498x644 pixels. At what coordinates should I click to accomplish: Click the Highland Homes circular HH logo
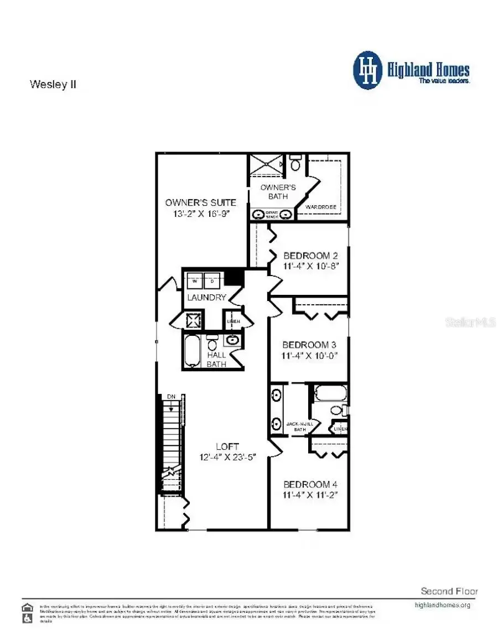pos(367,70)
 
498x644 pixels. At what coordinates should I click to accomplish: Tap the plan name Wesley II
pos(53,85)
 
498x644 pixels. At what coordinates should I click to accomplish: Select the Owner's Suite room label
pos(200,202)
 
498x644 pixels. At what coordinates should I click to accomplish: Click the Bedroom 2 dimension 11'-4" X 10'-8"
pos(310,266)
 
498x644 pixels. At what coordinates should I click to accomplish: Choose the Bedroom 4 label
pos(310,484)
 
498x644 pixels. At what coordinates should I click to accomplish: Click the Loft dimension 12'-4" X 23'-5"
pos(228,457)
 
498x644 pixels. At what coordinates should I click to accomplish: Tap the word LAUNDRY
pos(206,298)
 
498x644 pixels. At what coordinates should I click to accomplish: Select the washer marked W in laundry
pos(195,281)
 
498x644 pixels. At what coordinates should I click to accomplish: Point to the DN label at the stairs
pos(171,397)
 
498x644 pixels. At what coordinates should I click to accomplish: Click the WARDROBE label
pos(321,207)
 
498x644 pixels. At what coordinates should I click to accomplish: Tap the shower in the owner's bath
pos(264,165)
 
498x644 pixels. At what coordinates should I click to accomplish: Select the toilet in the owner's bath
pos(295,164)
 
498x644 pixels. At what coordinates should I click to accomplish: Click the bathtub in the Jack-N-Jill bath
pos(330,394)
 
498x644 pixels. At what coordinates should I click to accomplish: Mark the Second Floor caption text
pos(449,591)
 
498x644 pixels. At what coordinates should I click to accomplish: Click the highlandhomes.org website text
pos(442,605)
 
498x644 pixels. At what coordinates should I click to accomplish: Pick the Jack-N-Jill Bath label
pos(300,427)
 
